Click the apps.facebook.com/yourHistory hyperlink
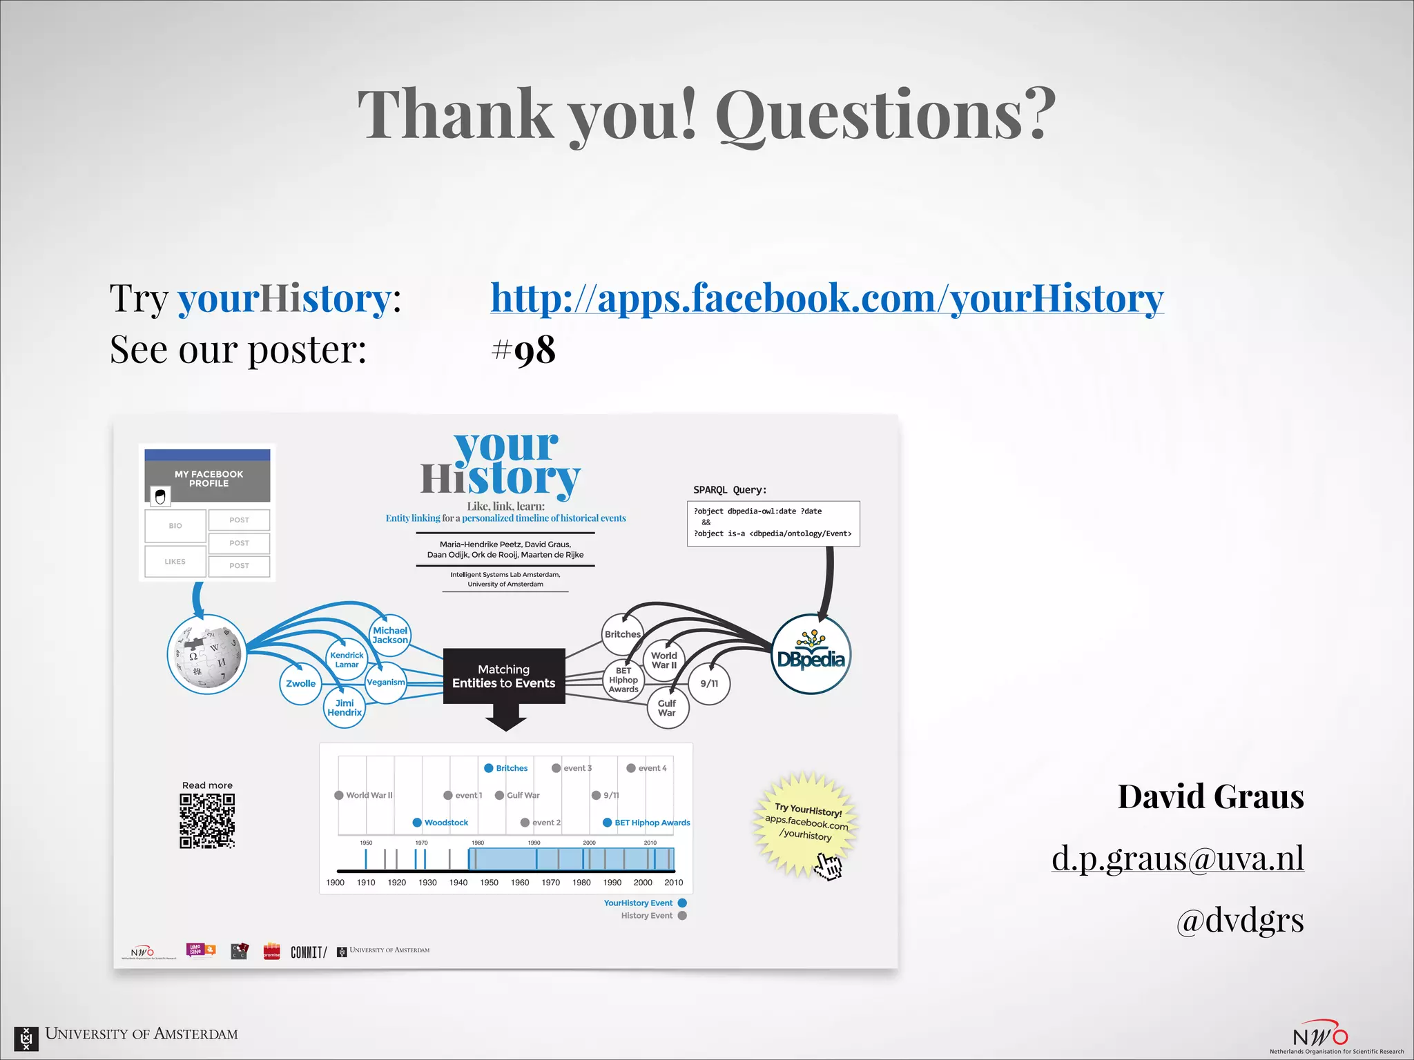[826, 298]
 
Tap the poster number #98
[523, 350]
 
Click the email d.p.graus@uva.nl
[1177, 858]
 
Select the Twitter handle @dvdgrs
[1240, 919]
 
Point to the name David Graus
[1210, 796]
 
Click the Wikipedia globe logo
[207, 654]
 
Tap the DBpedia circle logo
[811, 654]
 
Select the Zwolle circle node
[301, 683]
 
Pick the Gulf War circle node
[668, 708]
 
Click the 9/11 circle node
[709, 683]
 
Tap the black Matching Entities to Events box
[504, 676]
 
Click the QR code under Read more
[207, 821]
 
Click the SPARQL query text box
[773, 523]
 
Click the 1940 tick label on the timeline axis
[458, 882]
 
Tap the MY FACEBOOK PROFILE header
[208, 478]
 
